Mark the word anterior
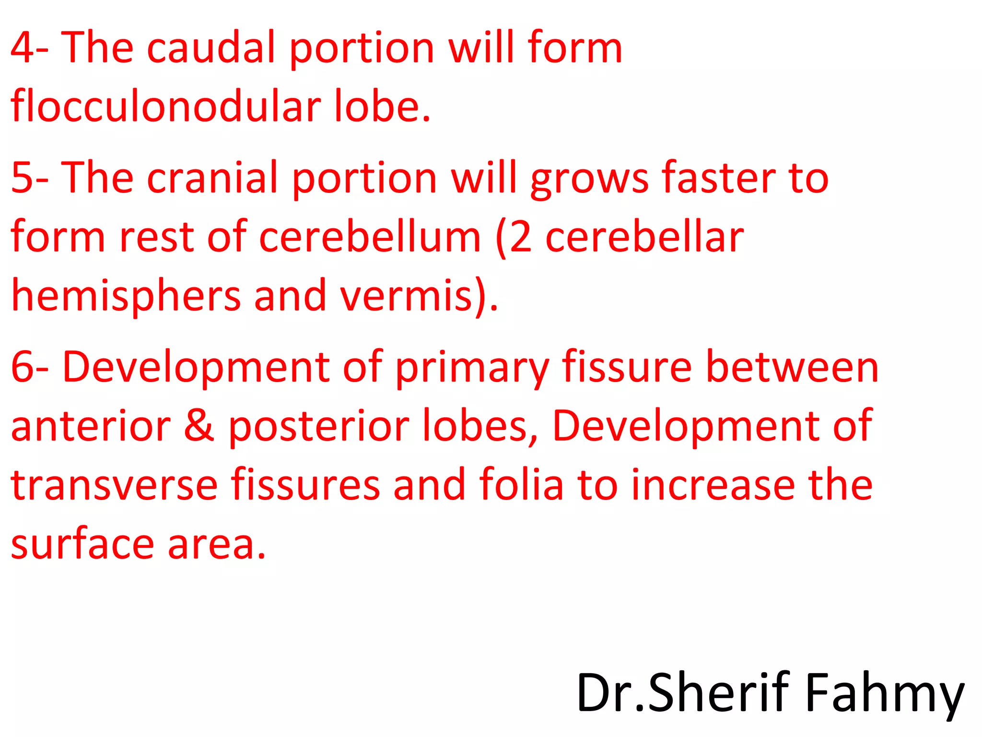[x=91, y=426]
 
